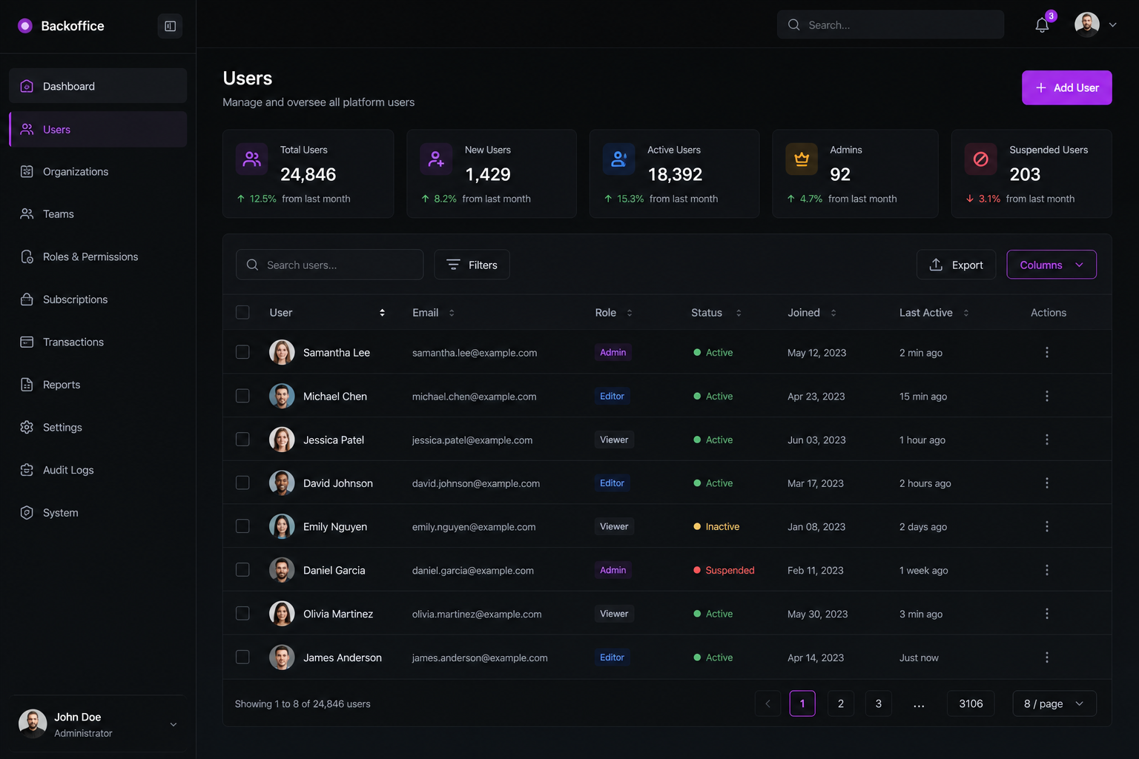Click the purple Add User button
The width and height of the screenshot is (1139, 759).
click(x=1066, y=87)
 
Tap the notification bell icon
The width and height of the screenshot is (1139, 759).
click(x=1042, y=25)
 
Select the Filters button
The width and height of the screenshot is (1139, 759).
click(x=472, y=265)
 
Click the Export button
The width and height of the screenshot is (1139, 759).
click(x=956, y=265)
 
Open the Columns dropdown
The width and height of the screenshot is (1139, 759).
click(x=1051, y=265)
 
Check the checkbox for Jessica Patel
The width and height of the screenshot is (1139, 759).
click(x=242, y=440)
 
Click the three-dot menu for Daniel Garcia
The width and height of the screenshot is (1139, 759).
click(x=1046, y=570)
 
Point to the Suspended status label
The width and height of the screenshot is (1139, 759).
click(x=730, y=570)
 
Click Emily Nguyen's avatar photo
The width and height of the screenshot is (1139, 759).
click(x=282, y=526)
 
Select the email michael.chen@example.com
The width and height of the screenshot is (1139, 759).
click(x=474, y=396)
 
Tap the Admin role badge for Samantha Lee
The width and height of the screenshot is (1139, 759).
click(x=613, y=352)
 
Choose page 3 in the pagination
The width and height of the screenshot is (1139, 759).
click(x=878, y=703)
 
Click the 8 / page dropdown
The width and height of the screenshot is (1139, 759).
click(x=1054, y=703)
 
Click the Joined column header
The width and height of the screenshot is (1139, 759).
click(x=803, y=312)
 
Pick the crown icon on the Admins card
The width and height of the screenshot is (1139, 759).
click(x=802, y=159)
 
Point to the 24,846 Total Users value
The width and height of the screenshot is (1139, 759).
click(x=308, y=174)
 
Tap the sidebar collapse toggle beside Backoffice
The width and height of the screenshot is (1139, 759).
click(x=170, y=26)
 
